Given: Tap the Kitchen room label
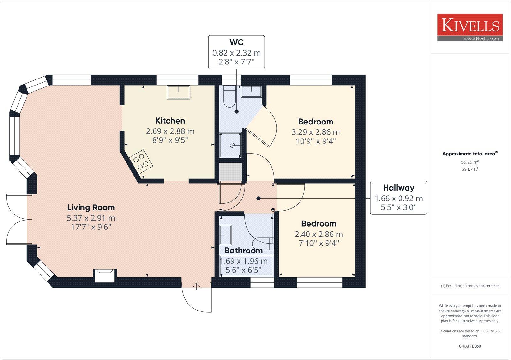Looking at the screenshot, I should [170, 121].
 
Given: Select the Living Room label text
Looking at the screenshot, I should [91, 207].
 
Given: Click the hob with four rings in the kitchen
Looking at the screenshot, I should [141, 161].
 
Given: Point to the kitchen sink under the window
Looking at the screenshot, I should [179, 92].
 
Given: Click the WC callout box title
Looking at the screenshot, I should [236, 42].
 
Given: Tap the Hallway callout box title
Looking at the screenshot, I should [398, 188].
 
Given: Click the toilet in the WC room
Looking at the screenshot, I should [228, 96].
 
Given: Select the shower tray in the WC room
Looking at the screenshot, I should [231, 145].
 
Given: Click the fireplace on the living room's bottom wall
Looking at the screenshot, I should [105, 275].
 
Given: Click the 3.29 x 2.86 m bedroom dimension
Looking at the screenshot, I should [316, 132].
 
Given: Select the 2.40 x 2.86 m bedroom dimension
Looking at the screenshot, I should [319, 234].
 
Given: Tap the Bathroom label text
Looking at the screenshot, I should [243, 251].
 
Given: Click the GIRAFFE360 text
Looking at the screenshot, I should [470, 346].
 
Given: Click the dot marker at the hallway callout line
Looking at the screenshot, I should [259, 199].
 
